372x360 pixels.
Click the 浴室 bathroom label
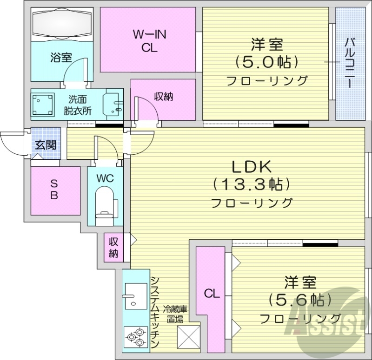(x=61, y=58)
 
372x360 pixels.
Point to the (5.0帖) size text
(x=266, y=62)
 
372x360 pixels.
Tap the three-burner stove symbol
(x=135, y=338)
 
